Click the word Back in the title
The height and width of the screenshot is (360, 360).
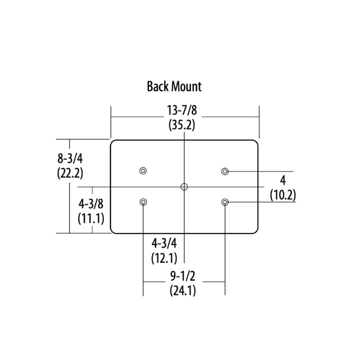tap(157, 86)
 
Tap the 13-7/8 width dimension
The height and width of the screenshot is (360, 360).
tap(182, 111)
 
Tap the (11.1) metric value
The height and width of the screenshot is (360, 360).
tap(91, 218)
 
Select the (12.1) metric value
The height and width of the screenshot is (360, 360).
tap(164, 258)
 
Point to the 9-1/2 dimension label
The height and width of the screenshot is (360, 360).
tap(183, 277)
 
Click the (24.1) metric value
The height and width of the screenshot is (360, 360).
tap(183, 291)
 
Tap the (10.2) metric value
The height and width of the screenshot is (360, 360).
tap(283, 195)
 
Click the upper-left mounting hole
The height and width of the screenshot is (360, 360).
tap(143, 171)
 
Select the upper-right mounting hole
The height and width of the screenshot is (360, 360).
tap(225, 171)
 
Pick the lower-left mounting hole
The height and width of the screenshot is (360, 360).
tap(143, 202)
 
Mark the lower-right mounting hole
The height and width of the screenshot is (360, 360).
tap(225, 202)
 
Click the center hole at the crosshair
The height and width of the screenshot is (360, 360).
tap(184, 186)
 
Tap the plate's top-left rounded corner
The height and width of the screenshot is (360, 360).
tap(114, 143)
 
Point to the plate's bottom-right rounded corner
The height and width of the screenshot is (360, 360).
tap(256, 230)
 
